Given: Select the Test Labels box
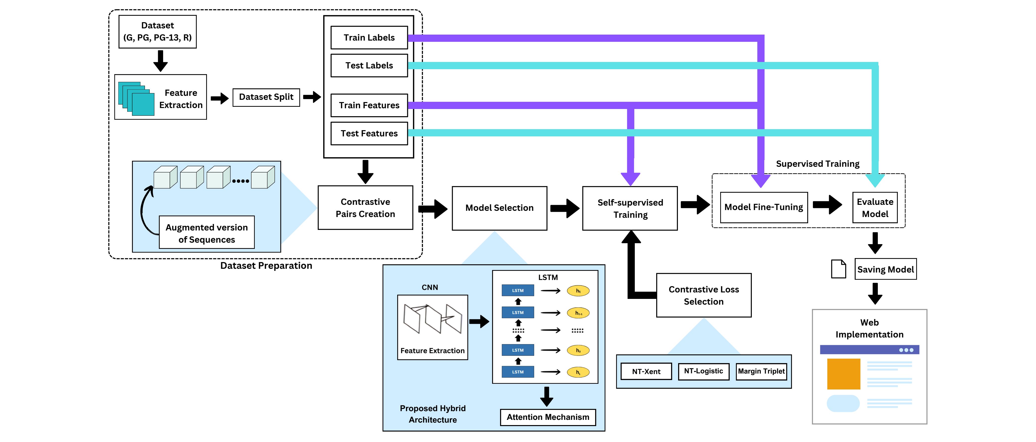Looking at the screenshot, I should pos(369,65).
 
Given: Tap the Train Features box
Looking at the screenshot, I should pos(369,105).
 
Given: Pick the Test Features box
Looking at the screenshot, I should pos(369,133).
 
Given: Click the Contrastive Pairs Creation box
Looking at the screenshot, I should pos(365,208).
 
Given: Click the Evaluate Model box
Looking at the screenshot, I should pos(875,208).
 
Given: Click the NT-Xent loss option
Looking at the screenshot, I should pos(646,371).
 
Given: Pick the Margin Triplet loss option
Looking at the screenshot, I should pos(761,371).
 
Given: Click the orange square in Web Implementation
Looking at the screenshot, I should pos(843,374).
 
